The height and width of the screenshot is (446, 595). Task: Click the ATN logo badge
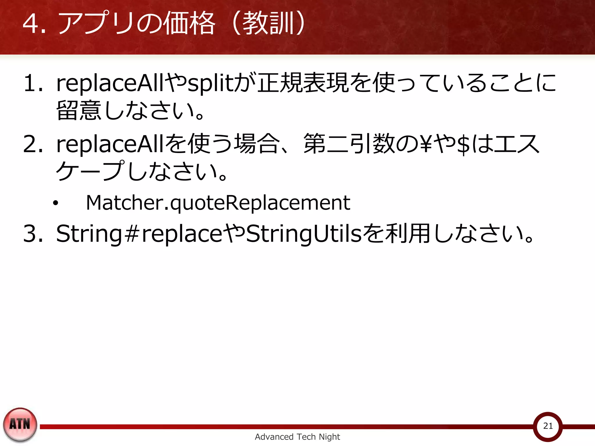pyautogui.click(x=20, y=424)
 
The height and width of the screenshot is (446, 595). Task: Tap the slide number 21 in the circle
pyautogui.click(x=548, y=426)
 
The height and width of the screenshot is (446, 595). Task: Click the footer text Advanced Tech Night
pyautogui.click(x=297, y=437)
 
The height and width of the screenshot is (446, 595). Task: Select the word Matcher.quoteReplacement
pyautogui.click(x=218, y=203)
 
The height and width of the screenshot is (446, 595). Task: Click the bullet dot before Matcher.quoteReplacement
pyautogui.click(x=55, y=203)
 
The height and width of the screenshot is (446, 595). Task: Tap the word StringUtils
pyautogui.click(x=304, y=233)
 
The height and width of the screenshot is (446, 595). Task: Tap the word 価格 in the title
pyautogui.click(x=189, y=23)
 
